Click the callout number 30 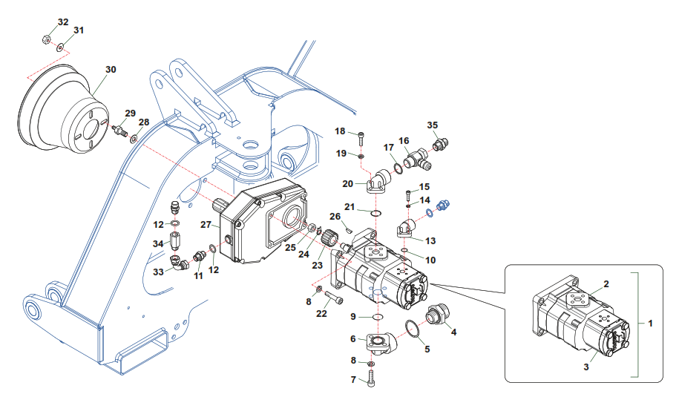[111, 70]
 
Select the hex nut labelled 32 [46, 40]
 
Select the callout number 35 [433, 125]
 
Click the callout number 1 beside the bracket [650, 324]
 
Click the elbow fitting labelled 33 [177, 262]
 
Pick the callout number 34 [157, 243]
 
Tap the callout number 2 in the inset [606, 284]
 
